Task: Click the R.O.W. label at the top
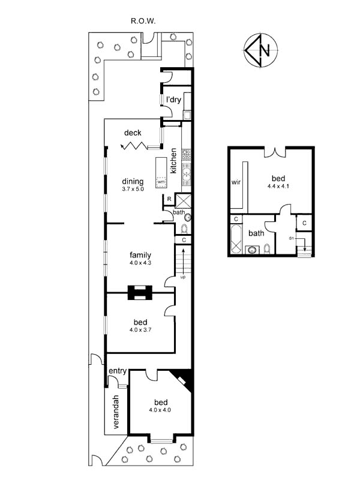coord(143,21)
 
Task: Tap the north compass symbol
coord(260,49)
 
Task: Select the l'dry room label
coord(173,100)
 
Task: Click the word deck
coord(133,133)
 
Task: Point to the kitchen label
coord(173,161)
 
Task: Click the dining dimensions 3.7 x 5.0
coord(133,189)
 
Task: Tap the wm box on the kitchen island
coord(161,182)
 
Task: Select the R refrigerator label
coord(169,199)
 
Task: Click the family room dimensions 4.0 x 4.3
coord(140,263)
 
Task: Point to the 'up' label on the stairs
coord(183,277)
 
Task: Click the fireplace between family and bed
coord(140,293)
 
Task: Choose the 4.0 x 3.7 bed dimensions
coord(140,330)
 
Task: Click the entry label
coord(118,371)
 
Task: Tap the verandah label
coord(116,412)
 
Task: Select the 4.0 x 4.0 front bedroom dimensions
coord(160,410)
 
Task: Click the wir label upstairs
coord(236,182)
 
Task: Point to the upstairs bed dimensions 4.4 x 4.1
coord(278,186)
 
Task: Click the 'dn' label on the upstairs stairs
coord(291,238)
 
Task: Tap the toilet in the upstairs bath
coord(267,249)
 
